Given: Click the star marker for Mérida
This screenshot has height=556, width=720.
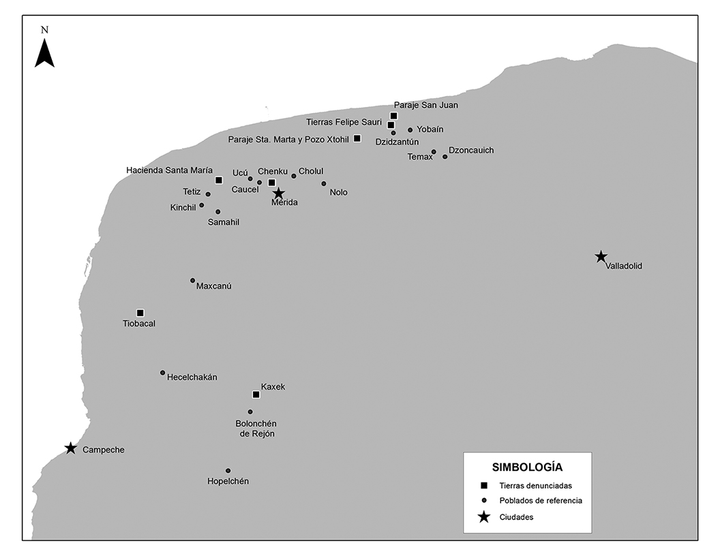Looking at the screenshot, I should pos(278,194).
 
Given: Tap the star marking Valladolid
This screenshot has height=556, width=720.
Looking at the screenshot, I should pos(601,257).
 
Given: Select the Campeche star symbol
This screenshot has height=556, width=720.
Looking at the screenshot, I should pos(70,448).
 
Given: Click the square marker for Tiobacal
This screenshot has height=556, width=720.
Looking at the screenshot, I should pos(140,313).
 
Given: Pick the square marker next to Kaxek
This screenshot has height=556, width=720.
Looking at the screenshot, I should pos(256,395).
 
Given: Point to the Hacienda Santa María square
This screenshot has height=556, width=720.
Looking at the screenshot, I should pos(219,181).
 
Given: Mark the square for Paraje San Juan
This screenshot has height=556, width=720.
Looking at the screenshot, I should pos(393,116).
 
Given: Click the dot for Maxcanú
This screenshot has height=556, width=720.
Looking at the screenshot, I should pos(192,280).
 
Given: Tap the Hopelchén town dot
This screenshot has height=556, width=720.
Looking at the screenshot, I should pos(228,471).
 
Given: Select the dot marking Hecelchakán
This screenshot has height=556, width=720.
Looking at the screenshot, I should pos(162,373).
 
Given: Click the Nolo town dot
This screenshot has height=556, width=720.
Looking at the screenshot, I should pos(324,183).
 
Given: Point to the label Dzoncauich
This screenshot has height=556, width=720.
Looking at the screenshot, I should pos(471,150).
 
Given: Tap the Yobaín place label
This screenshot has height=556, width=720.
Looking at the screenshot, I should pos(430,129).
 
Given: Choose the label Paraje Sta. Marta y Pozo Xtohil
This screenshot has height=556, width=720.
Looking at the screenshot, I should pos(289,140).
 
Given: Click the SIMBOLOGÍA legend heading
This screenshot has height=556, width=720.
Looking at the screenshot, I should pos(527,467).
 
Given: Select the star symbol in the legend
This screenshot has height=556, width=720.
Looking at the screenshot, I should pos(483,517).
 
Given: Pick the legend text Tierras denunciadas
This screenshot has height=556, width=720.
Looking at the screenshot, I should pos(535,486).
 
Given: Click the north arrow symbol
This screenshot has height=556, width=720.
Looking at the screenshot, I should pos(45,52).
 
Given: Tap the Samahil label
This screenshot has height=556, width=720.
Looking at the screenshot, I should pos(224,222).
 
